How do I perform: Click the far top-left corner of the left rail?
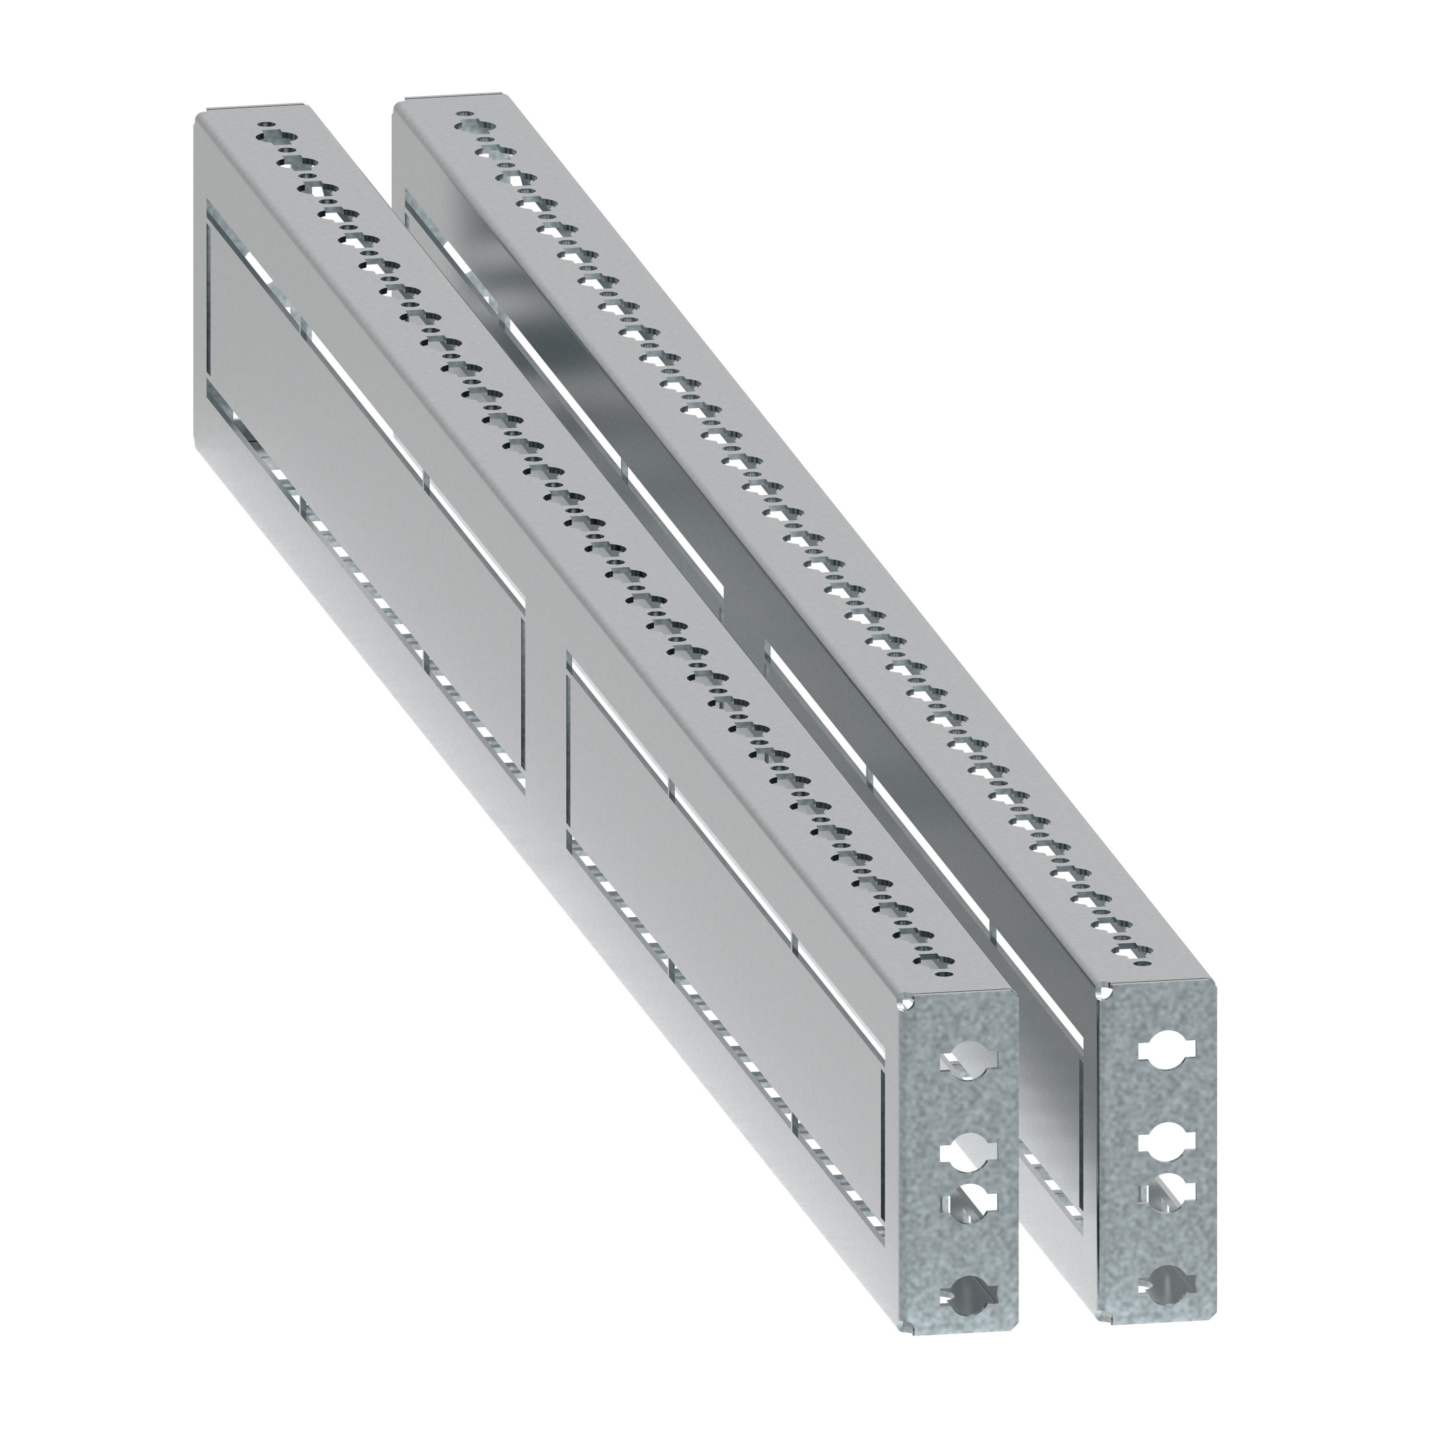coord(198,116)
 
